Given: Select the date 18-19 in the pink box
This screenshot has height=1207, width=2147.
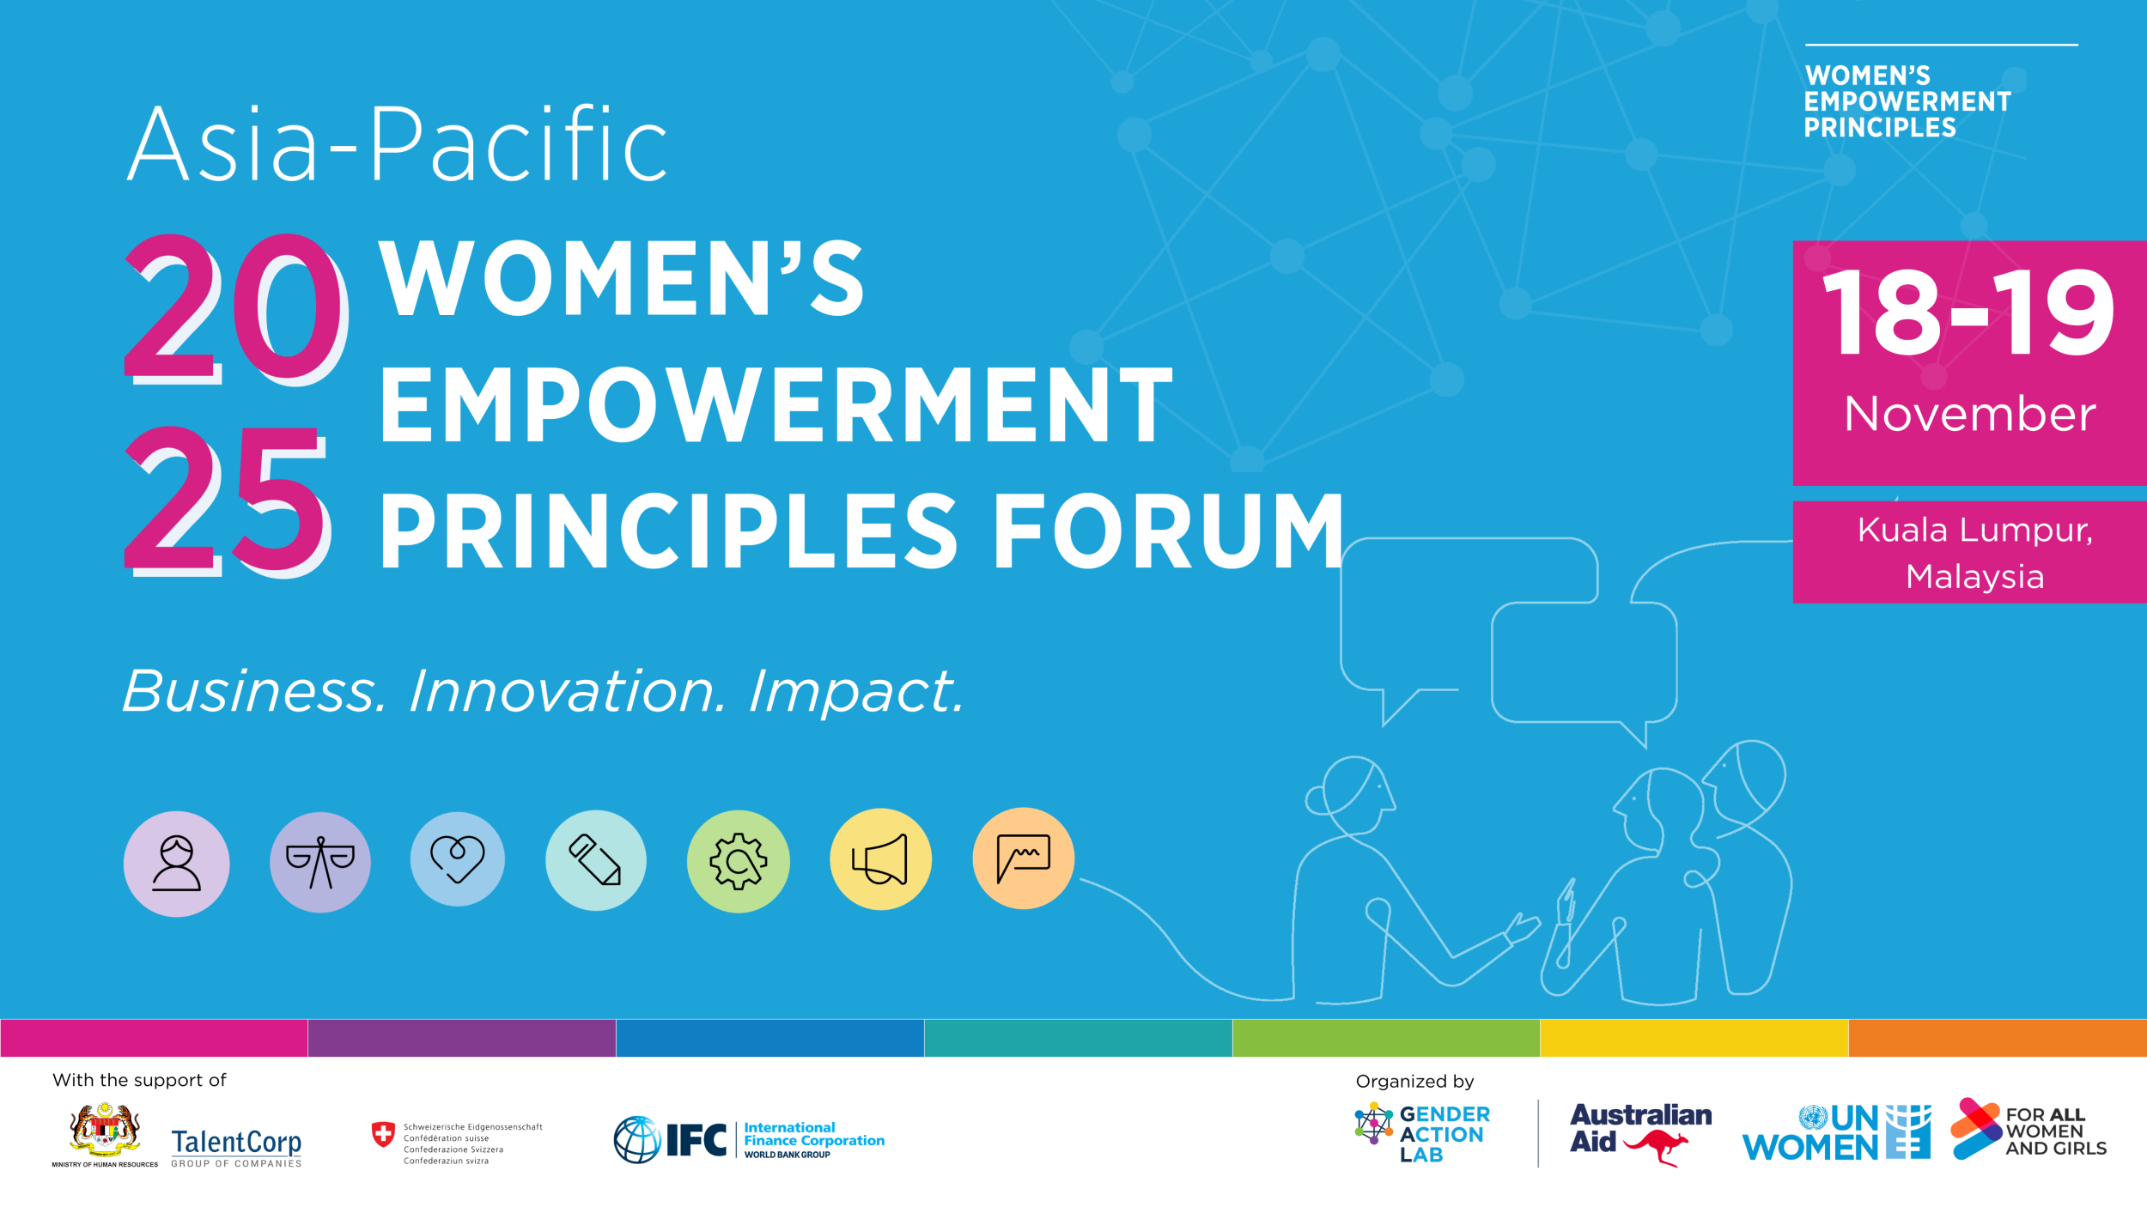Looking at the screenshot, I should point(1968,312).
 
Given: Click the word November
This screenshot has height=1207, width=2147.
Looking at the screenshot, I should point(1969,415).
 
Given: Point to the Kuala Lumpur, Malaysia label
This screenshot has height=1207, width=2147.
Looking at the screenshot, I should point(1974,553).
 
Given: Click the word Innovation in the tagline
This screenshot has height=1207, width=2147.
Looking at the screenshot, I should point(567,691).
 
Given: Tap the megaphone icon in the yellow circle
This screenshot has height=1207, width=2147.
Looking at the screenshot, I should point(880,859).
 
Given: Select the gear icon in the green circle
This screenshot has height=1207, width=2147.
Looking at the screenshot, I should point(738,861).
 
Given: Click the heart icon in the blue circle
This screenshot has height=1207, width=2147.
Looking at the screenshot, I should point(457,859).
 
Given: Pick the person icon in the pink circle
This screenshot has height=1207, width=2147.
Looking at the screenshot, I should point(176,864).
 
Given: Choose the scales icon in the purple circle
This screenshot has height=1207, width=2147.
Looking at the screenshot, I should point(319,862).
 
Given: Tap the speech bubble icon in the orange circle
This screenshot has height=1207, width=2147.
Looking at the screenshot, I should point(1023,858).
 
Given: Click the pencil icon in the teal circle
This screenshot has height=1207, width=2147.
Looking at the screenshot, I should point(595,860).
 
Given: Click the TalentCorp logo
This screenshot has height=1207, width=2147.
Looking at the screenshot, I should point(236,1146).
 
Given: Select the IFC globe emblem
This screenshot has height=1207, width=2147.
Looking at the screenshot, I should point(637,1140).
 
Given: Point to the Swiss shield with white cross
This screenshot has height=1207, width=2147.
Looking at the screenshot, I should point(383,1134).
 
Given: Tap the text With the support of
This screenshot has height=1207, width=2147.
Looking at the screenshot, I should point(139,1081).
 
